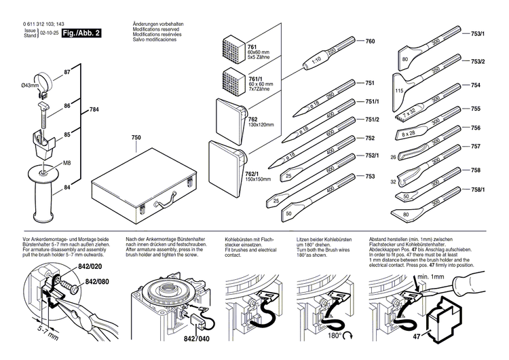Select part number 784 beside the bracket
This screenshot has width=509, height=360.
tap(94, 110)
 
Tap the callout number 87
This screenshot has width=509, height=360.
tap(67, 71)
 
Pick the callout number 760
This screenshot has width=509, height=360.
tap(370, 42)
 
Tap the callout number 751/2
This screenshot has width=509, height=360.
tap(372, 120)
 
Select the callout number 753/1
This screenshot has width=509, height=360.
tap(478, 33)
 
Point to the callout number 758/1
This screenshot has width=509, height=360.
tap(478, 190)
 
